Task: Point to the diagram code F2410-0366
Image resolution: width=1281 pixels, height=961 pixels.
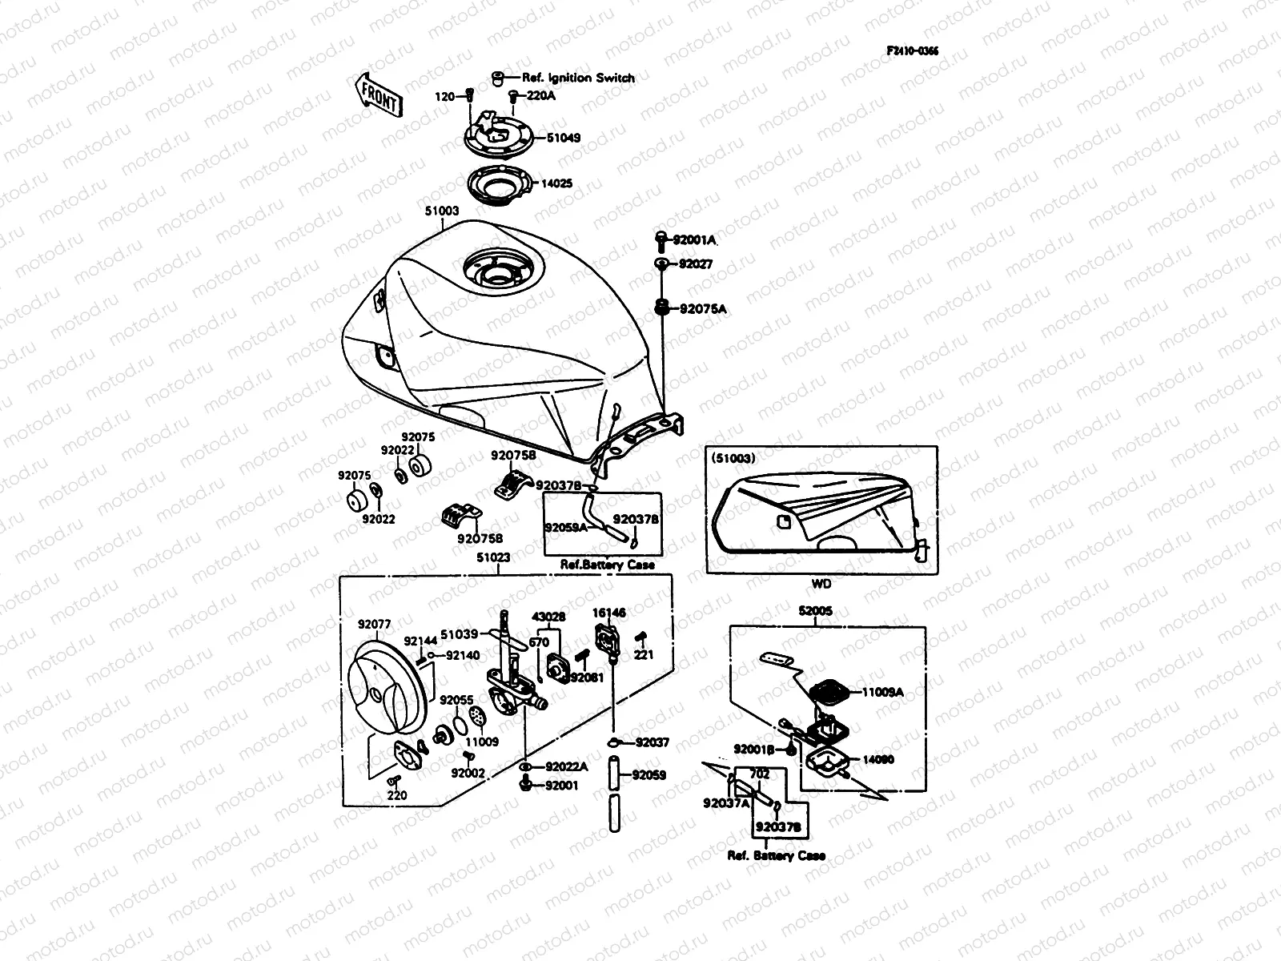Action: tap(912, 50)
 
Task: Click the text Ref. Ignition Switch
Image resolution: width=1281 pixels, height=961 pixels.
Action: tap(577, 78)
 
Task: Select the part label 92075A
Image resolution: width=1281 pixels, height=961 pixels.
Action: tap(703, 308)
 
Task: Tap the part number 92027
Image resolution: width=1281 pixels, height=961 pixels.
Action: tap(696, 263)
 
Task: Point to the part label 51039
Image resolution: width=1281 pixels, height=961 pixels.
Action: tap(460, 634)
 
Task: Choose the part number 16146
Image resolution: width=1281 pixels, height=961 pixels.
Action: tap(608, 613)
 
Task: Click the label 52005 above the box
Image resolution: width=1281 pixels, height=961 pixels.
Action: tap(815, 611)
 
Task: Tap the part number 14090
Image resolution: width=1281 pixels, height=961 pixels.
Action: tap(877, 759)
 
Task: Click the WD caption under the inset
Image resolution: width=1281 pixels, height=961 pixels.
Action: tap(822, 585)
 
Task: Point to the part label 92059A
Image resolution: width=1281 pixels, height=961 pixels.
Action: tap(565, 528)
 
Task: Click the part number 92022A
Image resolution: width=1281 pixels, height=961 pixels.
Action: tap(566, 766)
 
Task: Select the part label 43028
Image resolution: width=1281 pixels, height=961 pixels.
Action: tap(548, 617)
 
